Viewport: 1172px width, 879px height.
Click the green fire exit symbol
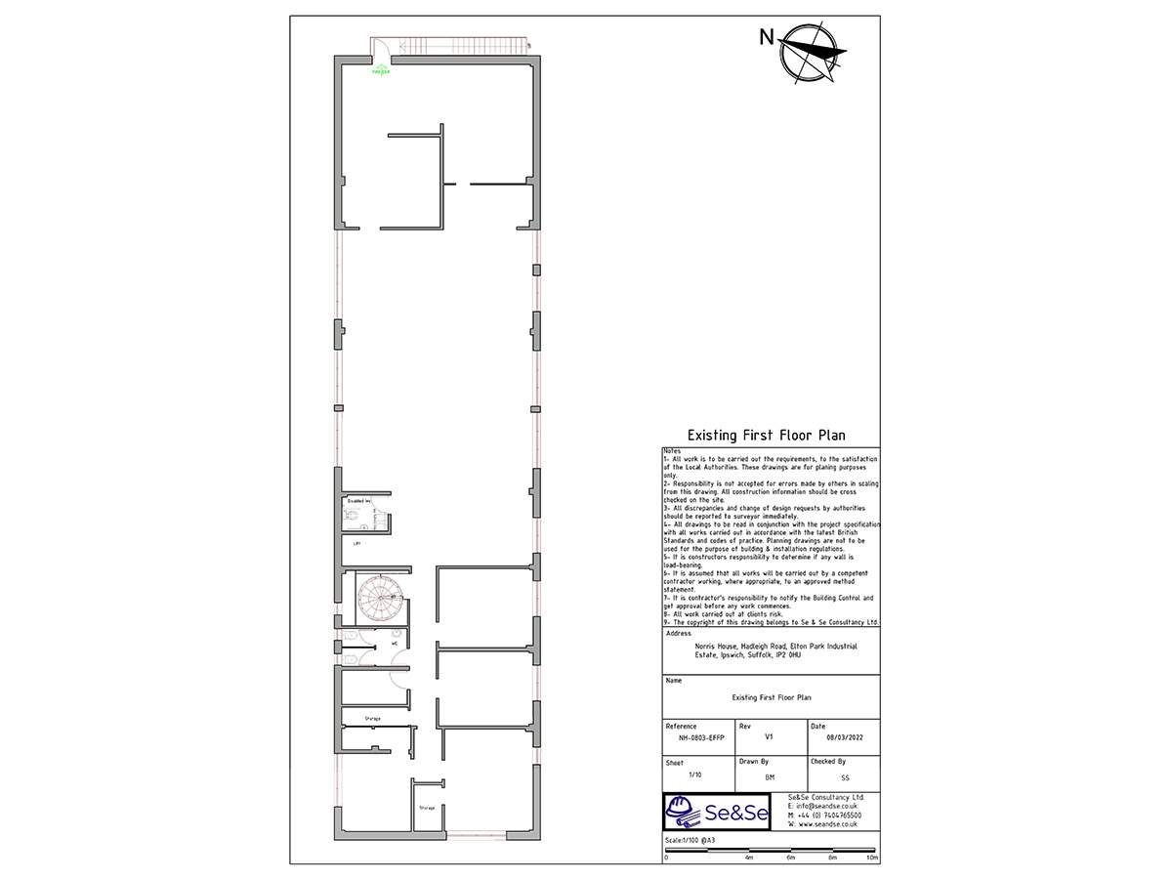(381, 69)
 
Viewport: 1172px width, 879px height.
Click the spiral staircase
(378, 596)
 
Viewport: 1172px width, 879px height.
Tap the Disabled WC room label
(358, 501)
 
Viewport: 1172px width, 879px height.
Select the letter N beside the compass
(767, 38)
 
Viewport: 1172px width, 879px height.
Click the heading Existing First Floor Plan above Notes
(767, 436)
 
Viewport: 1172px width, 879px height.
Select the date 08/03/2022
(842, 739)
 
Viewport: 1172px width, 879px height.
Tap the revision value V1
(770, 739)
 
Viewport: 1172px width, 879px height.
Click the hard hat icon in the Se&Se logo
(683, 810)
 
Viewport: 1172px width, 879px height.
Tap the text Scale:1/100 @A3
(690, 840)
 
